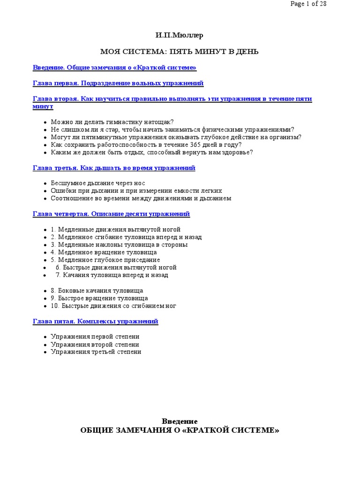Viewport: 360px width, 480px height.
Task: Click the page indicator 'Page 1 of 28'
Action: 308,4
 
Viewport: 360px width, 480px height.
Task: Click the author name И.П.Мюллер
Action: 180,36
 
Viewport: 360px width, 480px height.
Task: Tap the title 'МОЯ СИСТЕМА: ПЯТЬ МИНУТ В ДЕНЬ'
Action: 180,51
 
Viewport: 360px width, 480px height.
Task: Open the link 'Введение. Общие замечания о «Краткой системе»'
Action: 114,67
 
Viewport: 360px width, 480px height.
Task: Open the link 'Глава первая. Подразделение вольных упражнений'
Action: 118,83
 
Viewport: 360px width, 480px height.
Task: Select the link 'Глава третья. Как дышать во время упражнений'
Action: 114,168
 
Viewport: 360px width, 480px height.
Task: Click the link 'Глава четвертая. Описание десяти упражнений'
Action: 111,214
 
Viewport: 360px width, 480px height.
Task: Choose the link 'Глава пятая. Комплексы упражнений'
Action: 96,321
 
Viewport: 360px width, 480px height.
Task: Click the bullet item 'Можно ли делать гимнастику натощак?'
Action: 112,122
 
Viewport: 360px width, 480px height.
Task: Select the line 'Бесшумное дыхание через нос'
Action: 98,183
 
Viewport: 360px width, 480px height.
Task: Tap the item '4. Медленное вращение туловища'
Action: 104,252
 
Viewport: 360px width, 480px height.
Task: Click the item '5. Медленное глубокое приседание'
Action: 105,260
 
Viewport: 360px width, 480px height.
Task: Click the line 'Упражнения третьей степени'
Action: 96,352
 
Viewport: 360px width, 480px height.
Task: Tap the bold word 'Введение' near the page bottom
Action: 180,421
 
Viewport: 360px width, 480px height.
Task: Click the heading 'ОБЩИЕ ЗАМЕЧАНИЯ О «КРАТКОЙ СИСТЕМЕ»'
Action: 180,430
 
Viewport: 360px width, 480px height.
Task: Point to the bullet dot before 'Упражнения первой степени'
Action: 45,337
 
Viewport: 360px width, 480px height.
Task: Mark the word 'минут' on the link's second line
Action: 43,106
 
